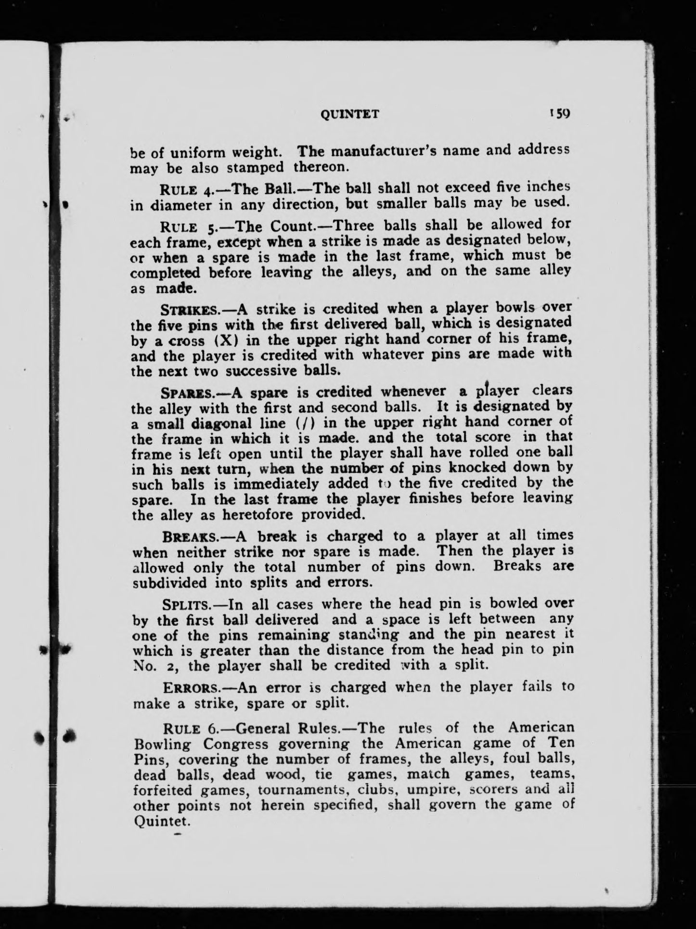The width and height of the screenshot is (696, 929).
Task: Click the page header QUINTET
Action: pos(350,114)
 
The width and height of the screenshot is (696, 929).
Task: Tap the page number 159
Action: pos(558,113)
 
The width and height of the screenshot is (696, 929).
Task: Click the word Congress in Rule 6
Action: pos(235,743)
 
